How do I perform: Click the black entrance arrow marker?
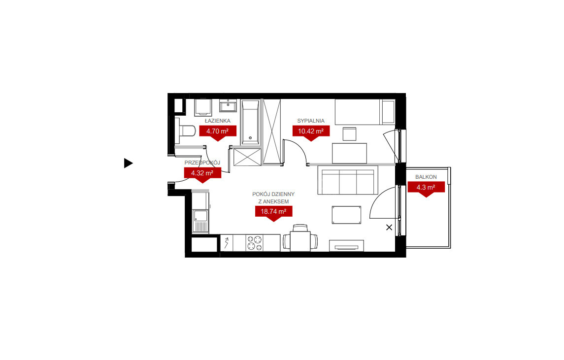tap(128, 164)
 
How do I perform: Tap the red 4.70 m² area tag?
tap(218, 132)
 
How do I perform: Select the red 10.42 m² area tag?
tap(311, 132)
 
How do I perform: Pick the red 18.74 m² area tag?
tap(273, 213)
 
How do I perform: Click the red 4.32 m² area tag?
tap(202, 174)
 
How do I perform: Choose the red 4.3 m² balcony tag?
tap(426, 189)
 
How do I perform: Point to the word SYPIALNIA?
tap(311, 121)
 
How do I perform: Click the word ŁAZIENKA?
tap(218, 121)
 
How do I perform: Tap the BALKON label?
tap(426, 177)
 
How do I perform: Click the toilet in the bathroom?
tap(185, 131)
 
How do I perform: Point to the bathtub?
tap(250, 122)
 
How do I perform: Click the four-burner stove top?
tap(255, 243)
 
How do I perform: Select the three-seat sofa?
tap(347, 180)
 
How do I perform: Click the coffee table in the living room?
tap(346, 215)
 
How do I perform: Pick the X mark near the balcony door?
tap(389, 228)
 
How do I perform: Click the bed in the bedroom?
tap(365, 112)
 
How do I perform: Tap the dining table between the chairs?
tap(300, 241)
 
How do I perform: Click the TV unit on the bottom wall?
tap(346, 246)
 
